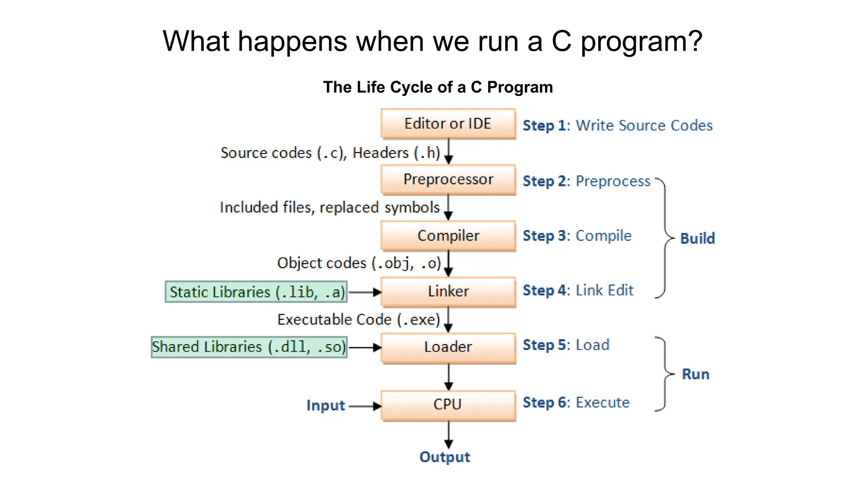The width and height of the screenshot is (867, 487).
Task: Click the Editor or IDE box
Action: tap(448, 124)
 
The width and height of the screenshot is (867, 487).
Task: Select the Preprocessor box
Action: tap(448, 180)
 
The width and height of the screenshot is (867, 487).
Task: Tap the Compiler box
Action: tap(448, 236)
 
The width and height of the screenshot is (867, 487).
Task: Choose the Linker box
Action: tap(448, 291)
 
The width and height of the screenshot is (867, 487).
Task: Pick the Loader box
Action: tap(448, 347)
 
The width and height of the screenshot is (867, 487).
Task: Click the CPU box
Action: tap(448, 405)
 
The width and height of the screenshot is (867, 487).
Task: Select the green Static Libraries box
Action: tap(256, 292)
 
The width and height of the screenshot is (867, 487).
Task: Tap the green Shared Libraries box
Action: tap(249, 347)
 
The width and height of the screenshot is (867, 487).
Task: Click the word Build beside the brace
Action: tap(697, 238)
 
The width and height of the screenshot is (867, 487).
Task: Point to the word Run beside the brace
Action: tap(695, 374)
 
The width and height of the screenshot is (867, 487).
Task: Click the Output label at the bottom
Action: tap(445, 457)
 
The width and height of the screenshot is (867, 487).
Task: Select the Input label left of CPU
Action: tap(325, 405)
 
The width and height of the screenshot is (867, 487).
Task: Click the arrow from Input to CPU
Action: tap(364, 406)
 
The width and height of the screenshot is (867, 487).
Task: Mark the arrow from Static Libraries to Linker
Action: tap(364, 292)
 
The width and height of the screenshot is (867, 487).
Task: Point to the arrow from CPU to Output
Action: tap(449, 435)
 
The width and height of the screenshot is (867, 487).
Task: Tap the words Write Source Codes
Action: tap(644, 126)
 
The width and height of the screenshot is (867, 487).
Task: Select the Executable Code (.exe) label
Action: tap(359, 320)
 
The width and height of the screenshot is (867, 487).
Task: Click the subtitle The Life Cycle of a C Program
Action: tap(438, 87)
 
